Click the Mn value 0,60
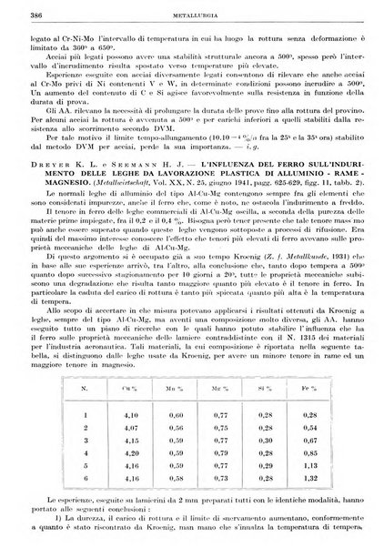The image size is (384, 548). pyautogui.click(x=174, y=415)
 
